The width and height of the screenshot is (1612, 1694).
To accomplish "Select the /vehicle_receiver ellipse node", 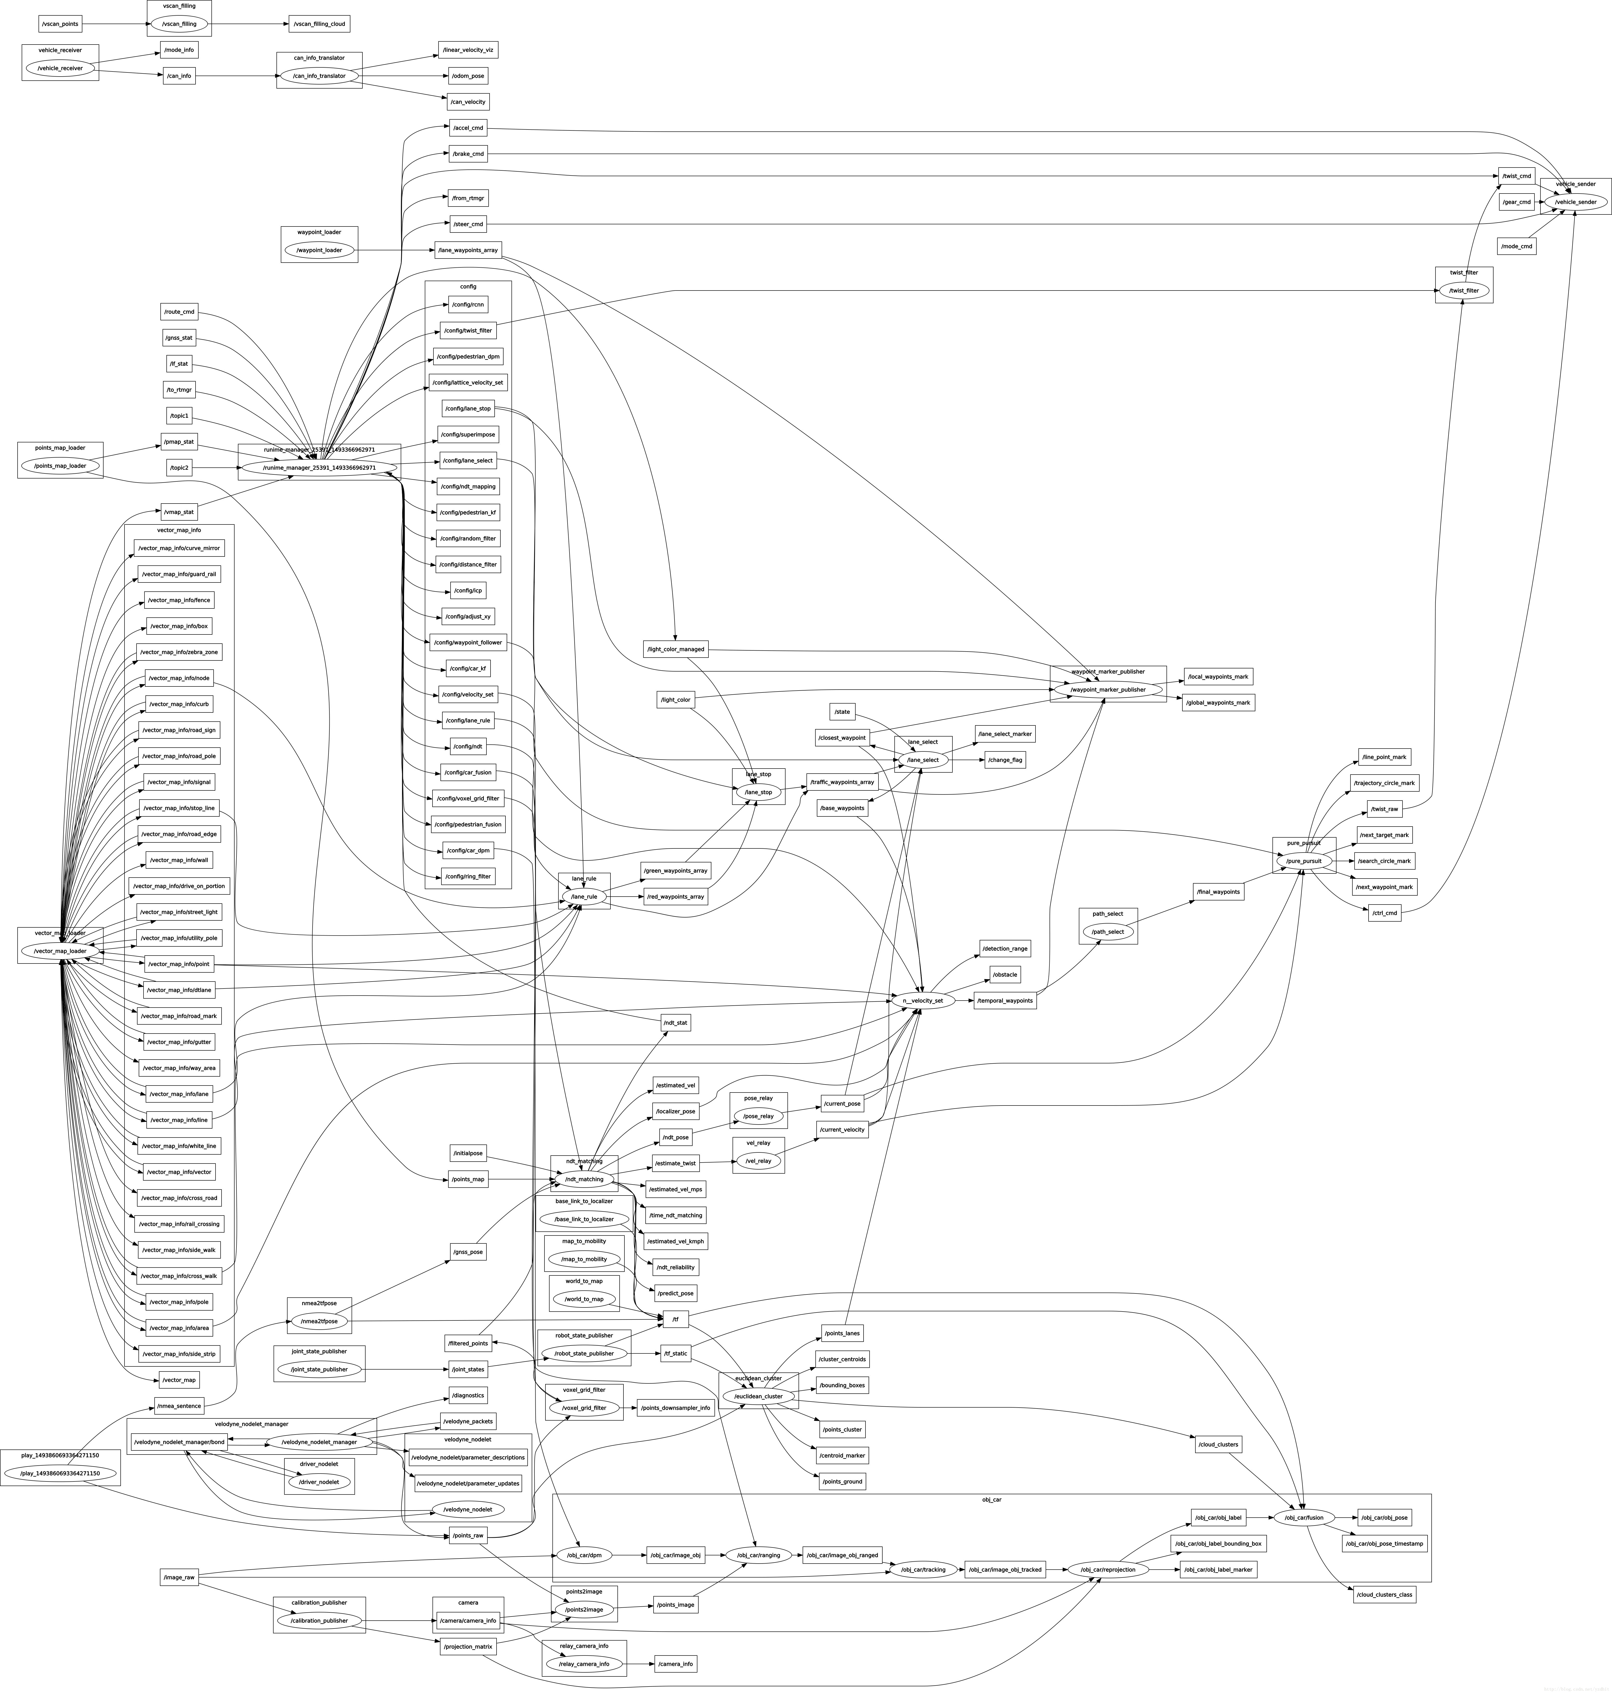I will [x=60, y=68].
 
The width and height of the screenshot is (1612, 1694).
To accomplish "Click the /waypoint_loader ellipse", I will [x=319, y=250].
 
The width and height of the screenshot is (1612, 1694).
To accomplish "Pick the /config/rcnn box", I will [x=468, y=304].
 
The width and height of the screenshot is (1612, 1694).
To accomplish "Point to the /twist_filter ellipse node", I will [x=1464, y=290].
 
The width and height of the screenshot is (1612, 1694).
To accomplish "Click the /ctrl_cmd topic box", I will [x=1384, y=913].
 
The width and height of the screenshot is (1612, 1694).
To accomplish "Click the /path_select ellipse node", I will [x=1108, y=931].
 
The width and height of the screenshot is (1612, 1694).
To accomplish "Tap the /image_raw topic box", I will [x=179, y=1577].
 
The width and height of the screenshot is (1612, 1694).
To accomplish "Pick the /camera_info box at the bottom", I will [x=675, y=1664].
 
